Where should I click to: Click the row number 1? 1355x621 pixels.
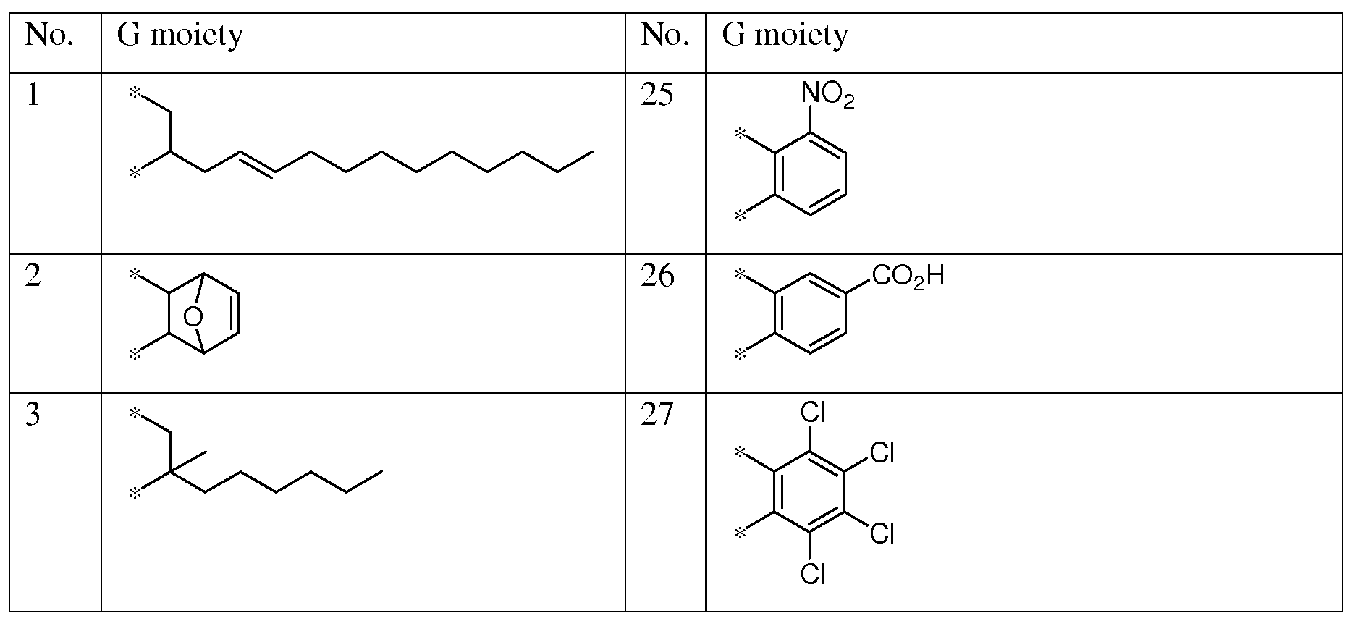[x=32, y=96]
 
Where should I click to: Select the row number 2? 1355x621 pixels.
[x=33, y=276]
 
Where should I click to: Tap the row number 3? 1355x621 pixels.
[x=33, y=415]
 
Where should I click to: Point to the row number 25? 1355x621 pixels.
[x=657, y=96]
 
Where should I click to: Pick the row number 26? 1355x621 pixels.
[x=657, y=276]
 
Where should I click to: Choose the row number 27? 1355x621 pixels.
[x=657, y=415]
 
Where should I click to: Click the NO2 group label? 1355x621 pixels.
[x=827, y=94]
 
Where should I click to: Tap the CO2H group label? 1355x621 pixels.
[x=908, y=276]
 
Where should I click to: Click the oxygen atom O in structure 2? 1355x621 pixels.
[x=193, y=316]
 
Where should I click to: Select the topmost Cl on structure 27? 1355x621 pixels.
[x=812, y=413]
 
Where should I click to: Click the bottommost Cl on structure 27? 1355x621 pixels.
[x=812, y=574]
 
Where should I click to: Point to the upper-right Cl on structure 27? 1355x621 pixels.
[x=882, y=452]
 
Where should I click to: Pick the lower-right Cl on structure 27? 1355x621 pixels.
[x=882, y=533]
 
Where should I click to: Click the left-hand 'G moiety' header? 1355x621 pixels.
[x=180, y=35]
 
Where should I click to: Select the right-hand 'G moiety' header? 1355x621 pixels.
[x=785, y=35]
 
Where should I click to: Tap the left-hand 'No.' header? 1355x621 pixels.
[x=49, y=35]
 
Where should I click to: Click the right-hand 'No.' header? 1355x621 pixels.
[x=664, y=35]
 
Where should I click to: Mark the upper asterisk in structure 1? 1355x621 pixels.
[x=134, y=93]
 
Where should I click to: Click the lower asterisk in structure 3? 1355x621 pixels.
[x=134, y=495]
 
